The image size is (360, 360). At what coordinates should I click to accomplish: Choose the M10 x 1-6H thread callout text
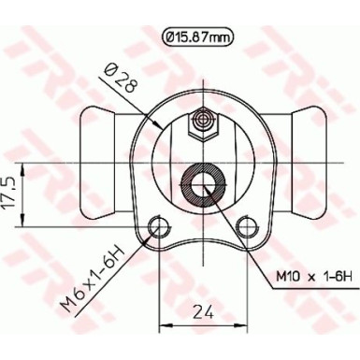coord(313,275)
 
